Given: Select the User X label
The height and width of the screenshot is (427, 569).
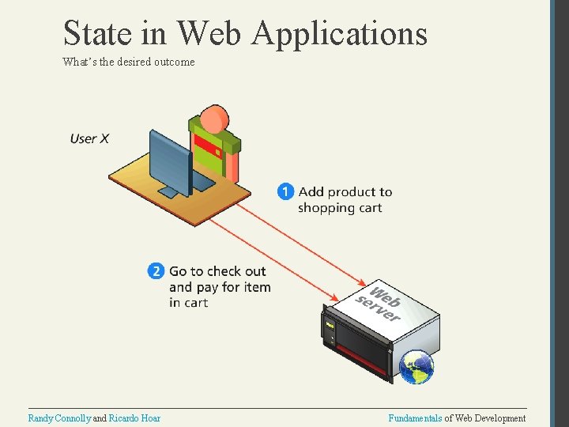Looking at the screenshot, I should (89, 138).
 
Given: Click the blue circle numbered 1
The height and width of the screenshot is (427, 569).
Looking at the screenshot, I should (285, 191).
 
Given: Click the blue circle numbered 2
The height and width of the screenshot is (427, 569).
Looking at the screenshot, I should (156, 271).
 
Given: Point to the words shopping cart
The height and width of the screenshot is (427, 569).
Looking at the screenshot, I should (340, 208).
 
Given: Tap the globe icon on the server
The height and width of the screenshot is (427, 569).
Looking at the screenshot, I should (416, 366).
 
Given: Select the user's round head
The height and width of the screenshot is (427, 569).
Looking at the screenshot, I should (214, 119).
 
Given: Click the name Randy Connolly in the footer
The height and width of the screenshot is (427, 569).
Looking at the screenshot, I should (59, 418).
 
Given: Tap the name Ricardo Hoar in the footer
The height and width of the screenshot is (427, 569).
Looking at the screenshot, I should (134, 418).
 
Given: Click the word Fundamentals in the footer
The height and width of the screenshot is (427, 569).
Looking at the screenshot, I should (415, 418).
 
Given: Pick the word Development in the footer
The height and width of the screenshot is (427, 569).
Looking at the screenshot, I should (499, 418).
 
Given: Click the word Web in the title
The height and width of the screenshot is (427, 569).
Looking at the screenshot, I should (211, 33).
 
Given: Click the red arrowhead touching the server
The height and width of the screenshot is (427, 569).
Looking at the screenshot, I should (361, 282).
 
